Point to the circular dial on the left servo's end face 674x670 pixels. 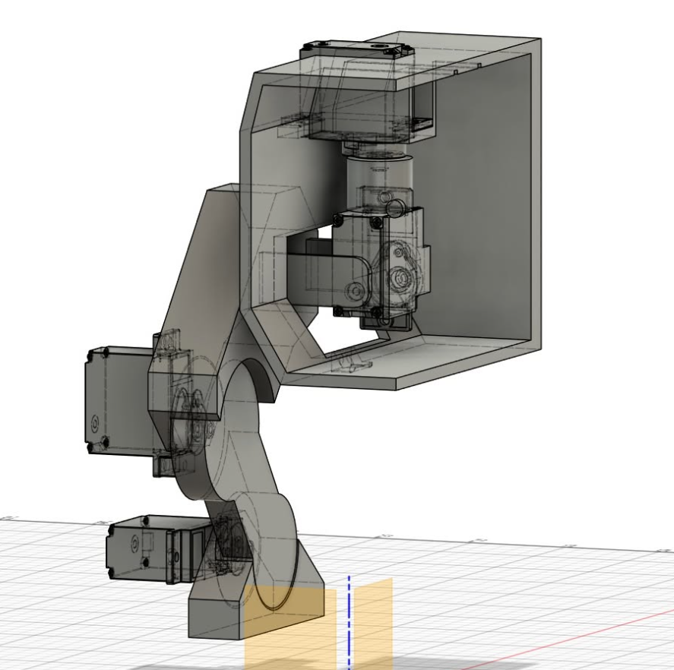tap(95, 422)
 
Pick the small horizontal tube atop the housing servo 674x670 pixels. tap(394, 206)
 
